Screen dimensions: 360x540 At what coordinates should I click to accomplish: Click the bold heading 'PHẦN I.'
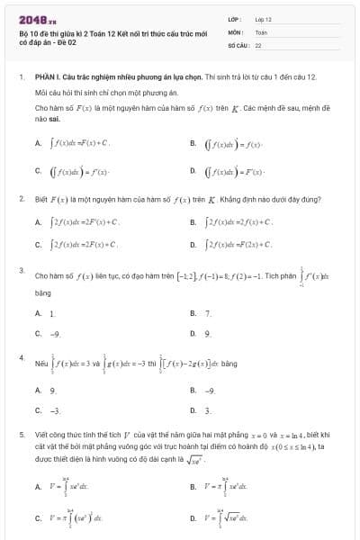47,78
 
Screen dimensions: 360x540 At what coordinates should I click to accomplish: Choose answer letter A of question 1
38,142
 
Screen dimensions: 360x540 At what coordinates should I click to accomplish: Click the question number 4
20,357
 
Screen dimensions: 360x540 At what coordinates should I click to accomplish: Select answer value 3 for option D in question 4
208,409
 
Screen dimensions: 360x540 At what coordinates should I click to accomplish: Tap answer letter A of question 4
38,390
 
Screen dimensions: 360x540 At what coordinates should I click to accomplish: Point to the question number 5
20,433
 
